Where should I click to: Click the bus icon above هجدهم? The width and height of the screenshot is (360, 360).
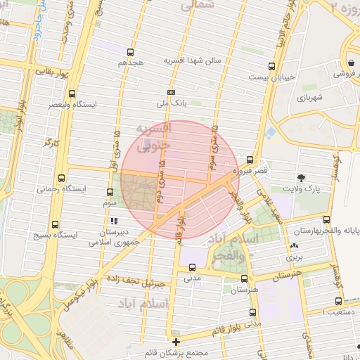130,52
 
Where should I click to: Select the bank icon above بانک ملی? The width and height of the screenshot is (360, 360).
171,92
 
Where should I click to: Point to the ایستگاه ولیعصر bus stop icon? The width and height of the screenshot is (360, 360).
72,94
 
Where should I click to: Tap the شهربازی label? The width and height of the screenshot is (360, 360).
308,98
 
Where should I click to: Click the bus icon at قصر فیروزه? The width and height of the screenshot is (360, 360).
250,160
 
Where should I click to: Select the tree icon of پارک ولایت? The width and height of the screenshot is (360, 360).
302,178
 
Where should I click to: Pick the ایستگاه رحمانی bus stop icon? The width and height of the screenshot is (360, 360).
62,178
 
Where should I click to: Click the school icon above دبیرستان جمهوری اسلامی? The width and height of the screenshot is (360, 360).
114,221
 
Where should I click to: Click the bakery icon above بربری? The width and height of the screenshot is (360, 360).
292,247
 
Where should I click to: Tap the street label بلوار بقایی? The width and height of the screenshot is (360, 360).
53,71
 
